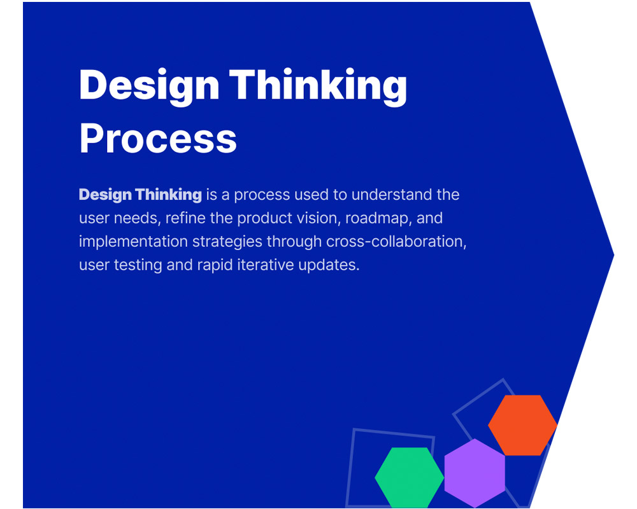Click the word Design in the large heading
pyautogui.click(x=149, y=87)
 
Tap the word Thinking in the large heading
pyautogui.click(x=318, y=87)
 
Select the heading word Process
pyautogui.click(x=158, y=138)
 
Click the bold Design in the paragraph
pyautogui.click(x=105, y=195)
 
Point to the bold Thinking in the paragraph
pyautogui.click(x=169, y=195)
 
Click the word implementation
pyautogui.click(x=133, y=242)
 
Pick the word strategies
pyautogui.click(x=227, y=242)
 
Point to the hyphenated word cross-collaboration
pyautogui.click(x=396, y=242)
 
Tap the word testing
pyautogui.click(x=138, y=265)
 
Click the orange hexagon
pyautogui.click(x=522, y=425)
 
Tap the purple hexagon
pyautogui.click(x=475, y=473)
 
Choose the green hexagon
pyautogui.click(x=409, y=477)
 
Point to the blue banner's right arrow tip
pyautogui.click(x=614, y=255)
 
